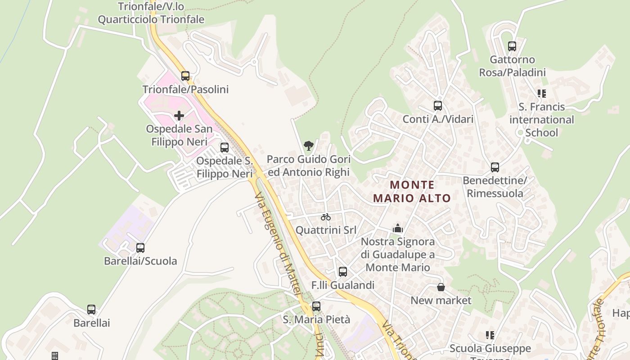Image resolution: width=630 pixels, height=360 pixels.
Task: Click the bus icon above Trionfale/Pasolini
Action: pos(185,76)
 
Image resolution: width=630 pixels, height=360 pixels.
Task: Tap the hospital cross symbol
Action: pos(179,116)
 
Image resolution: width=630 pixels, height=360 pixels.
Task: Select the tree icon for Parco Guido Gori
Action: pos(308,145)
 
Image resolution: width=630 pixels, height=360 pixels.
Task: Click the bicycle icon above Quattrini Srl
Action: pos(326,217)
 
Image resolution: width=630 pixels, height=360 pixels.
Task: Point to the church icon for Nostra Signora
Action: pos(397,229)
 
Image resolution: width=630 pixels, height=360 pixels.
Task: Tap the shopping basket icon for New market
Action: pos(441,287)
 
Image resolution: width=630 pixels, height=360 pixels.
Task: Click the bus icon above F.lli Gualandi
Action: pos(343,272)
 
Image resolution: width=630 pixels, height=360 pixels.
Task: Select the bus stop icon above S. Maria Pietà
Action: pos(316,306)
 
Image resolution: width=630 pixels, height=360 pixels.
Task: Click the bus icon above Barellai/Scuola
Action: pos(140,248)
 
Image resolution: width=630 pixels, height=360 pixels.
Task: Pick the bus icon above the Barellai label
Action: pos(91,310)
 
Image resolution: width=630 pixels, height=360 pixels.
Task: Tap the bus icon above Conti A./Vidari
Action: pos(438,106)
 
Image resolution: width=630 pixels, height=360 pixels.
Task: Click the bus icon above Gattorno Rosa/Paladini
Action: pos(512,46)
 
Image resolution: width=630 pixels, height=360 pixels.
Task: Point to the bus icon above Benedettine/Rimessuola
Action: pos(495,167)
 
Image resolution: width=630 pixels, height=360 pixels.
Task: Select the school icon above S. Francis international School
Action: pos(542,94)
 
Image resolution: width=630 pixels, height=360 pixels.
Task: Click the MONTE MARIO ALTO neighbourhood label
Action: pos(412,191)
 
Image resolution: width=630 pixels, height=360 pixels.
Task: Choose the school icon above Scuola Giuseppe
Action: pos(490,335)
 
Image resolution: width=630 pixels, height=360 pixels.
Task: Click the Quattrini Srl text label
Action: pos(326,230)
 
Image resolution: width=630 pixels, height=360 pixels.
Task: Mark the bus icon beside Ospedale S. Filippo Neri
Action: pos(224,148)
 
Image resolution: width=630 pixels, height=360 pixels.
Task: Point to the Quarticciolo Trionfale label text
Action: pos(151,19)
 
